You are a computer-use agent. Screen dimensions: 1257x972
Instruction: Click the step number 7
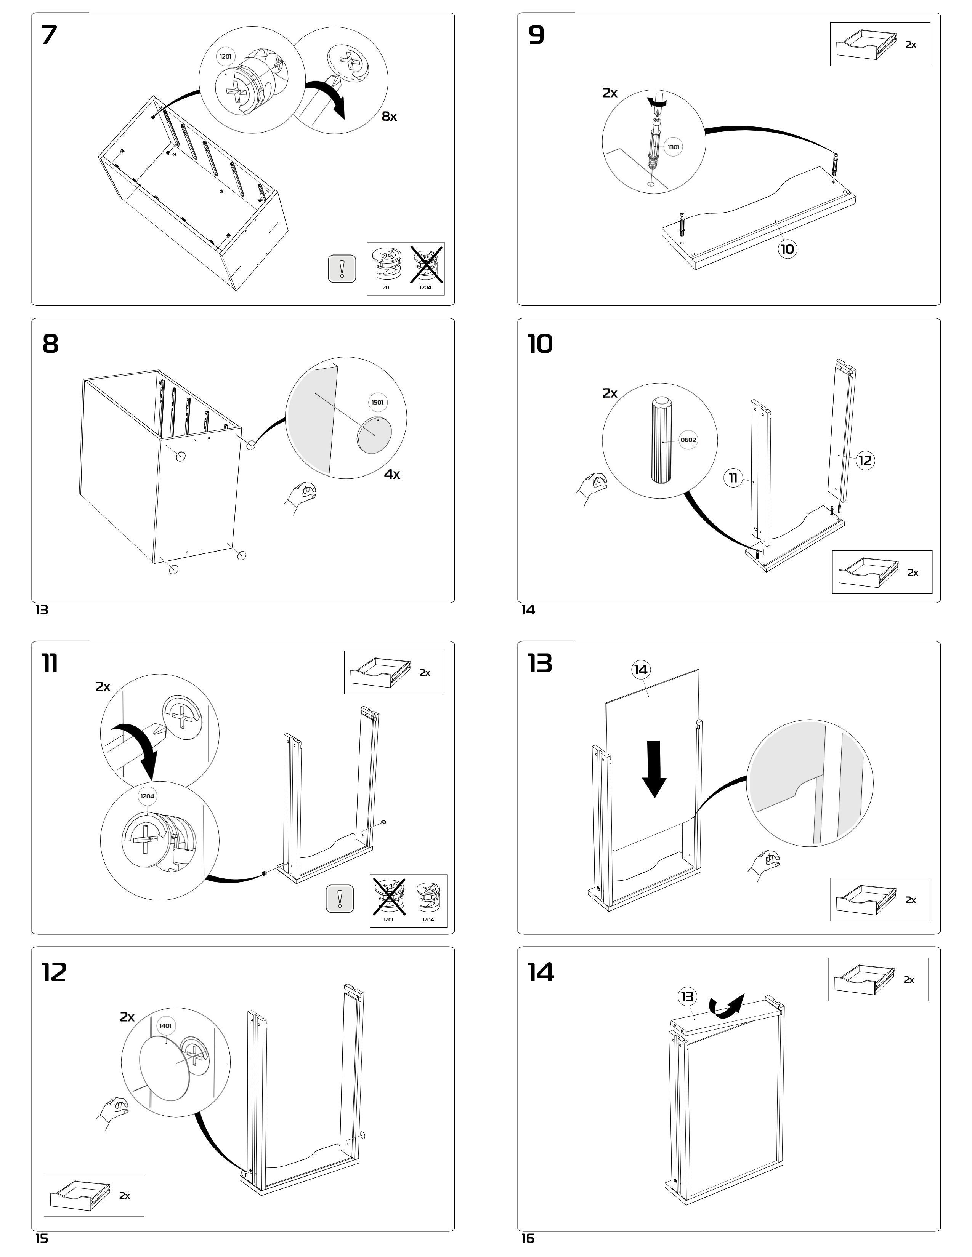pyautogui.click(x=50, y=36)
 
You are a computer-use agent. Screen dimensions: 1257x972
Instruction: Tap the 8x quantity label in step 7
pyautogui.click(x=389, y=116)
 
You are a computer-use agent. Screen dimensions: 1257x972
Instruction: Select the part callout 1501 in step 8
pyautogui.click(x=377, y=402)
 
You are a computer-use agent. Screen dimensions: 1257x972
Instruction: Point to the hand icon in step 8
pyautogui.click(x=301, y=496)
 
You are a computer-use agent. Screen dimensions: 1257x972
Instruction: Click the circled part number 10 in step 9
pyautogui.click(x=787, y=249)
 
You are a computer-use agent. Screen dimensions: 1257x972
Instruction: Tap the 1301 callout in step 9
pyautogui.click(x=673, y=147)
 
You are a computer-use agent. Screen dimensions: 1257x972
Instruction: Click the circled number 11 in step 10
pyautogui.click(x=733, y=478)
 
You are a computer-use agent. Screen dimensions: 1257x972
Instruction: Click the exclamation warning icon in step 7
pyautogui.click(x=342, y=268)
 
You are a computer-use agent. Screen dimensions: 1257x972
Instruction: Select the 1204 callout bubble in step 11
pyautogui.click(x=148, y=796)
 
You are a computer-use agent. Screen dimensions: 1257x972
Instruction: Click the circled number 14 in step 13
pyautogui.click(x=640, y=669)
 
